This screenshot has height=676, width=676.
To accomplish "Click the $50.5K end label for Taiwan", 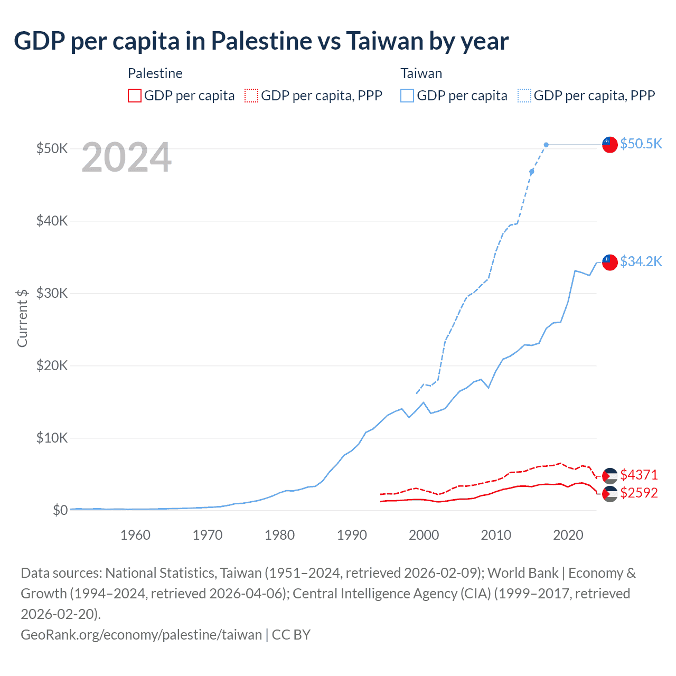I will tap(641, 144).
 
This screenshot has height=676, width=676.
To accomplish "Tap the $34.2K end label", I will tap(641, 261).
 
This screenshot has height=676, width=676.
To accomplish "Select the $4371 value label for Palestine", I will tap(639, 475).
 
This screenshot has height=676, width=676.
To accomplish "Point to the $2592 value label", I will tap(639, 493).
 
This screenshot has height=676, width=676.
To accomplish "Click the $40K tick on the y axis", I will tap(52, 221).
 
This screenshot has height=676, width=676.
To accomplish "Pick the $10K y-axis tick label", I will tap(52, 438).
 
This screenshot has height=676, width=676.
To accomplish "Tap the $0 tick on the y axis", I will tap(60, 510).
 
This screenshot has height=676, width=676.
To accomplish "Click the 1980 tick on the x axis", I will tap(280, 535).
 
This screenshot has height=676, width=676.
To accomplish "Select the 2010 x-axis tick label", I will tap(496, 535).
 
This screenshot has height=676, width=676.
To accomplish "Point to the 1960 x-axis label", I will tap(136, 535).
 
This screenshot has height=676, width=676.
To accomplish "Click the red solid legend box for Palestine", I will tap(135, 96).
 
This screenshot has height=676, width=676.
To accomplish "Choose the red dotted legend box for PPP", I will tap(251, 96).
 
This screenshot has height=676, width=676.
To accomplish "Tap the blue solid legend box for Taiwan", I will tap(407, 96).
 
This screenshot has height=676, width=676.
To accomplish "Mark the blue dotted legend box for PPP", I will tap(524, 96).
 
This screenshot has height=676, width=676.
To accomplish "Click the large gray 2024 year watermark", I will tap(127, 157).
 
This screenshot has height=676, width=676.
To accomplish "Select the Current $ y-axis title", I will tap(22, 318).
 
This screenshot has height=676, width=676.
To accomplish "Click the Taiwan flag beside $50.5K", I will tap(610, 144).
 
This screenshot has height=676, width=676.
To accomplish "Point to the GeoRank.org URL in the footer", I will tap(141, 634).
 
